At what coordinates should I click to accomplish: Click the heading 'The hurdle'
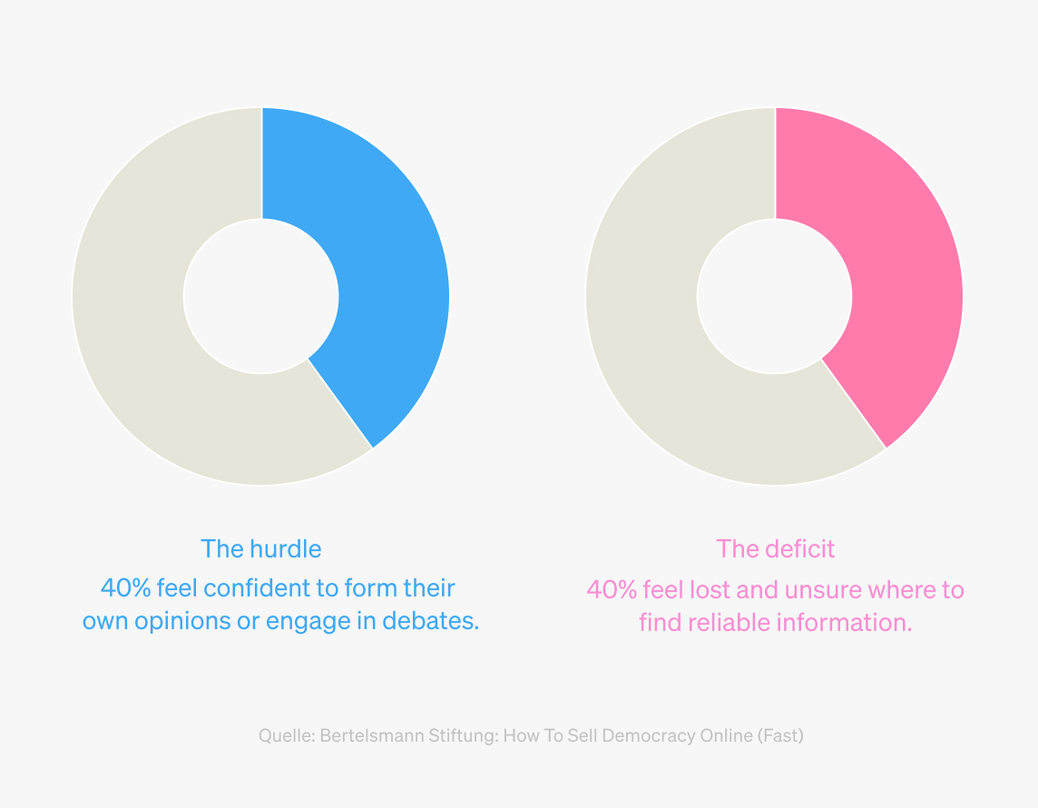coord(260,549)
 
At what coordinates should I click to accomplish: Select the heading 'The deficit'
coord(775,549)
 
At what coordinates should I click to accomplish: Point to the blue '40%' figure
coord(126,588)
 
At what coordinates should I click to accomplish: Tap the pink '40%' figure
coord(612,590)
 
